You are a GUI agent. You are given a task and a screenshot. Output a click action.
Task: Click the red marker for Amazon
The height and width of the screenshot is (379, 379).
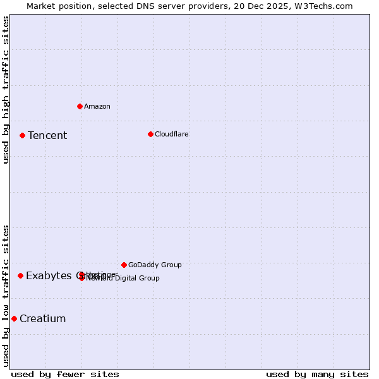(80, 106)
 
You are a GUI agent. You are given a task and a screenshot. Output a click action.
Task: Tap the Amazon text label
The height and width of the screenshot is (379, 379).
(97, 106)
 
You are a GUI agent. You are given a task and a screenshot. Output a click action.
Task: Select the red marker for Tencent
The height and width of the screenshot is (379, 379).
(22, 135)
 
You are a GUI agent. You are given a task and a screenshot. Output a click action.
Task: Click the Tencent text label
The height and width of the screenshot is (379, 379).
(47, 135)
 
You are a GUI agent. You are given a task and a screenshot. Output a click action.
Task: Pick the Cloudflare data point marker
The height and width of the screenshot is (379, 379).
(150, 134)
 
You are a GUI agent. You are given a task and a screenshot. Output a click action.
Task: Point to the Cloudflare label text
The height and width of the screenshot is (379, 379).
(171, 134)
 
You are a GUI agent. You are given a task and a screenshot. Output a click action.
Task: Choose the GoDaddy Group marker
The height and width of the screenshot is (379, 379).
(124, 265)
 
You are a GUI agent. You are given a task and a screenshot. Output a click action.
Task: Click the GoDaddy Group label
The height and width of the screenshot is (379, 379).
(155, 265)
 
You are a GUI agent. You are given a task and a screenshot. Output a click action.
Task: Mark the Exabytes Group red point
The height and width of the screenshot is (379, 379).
(20, 275)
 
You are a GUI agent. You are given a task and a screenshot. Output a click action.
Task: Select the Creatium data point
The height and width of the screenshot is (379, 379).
(14, 318)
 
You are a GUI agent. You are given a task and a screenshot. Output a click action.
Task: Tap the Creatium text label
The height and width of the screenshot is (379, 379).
(42, 318)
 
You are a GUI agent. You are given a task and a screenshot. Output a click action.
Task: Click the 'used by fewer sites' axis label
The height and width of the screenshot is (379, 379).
(65, 374)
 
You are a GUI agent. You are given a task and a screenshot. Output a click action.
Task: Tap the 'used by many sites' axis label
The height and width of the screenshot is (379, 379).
(317, 374)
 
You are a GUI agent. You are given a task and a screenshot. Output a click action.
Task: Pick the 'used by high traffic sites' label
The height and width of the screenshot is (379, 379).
(6, 90)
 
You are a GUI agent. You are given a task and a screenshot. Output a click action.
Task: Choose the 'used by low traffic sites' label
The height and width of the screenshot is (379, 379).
(6, 295)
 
